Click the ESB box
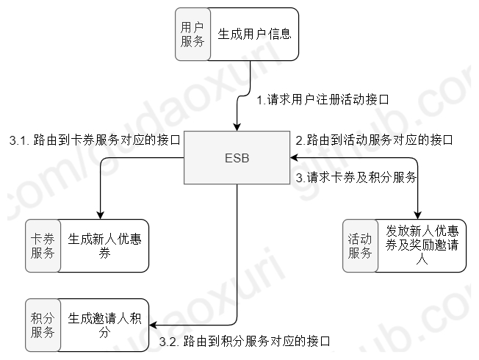237,159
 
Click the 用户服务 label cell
192,34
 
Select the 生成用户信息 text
254,34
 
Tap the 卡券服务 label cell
43,246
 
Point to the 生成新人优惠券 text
104,246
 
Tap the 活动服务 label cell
359,246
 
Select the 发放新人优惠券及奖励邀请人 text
421,246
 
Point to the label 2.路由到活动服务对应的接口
373,138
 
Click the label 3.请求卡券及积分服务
356,177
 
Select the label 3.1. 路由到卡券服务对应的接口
94,138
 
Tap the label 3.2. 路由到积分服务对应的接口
245,341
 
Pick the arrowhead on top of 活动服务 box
417,215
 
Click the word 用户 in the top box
192,26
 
